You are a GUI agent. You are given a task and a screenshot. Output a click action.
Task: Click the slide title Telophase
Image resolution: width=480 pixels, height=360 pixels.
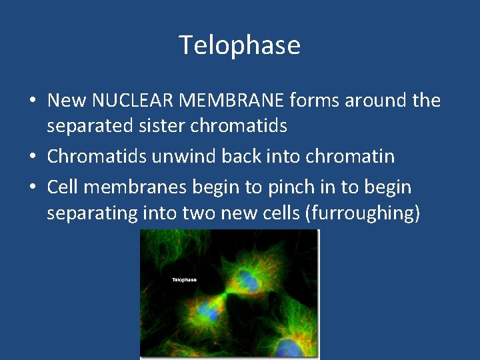240,45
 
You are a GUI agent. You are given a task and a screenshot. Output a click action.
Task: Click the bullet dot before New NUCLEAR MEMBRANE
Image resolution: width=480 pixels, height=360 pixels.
33,102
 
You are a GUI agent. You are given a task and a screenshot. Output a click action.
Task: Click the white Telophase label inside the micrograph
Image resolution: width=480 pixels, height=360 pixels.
184,280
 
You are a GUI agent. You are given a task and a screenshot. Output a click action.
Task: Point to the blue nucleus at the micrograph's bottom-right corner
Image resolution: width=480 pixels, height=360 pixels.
289,347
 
